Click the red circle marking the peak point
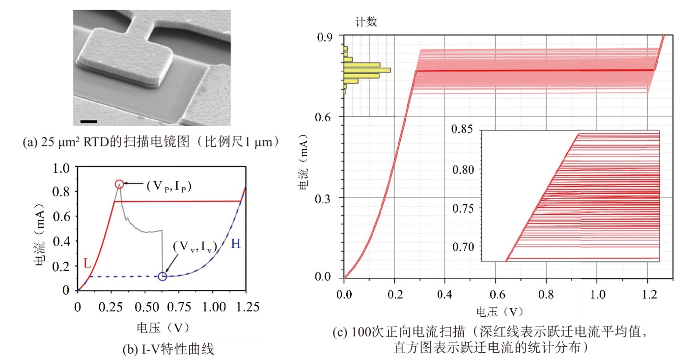119,184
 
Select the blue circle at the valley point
163,277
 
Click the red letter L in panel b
87,264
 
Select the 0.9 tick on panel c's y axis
324,36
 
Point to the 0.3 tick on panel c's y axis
324,197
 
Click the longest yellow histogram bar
367,70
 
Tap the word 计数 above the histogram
366,22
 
